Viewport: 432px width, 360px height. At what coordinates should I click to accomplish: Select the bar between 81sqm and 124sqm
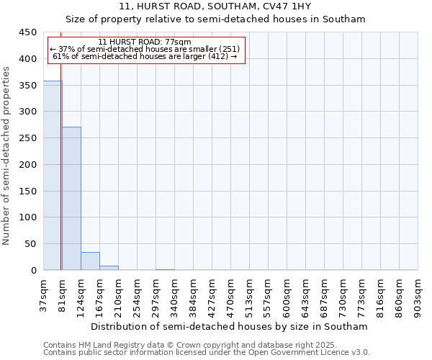tap(71, 198)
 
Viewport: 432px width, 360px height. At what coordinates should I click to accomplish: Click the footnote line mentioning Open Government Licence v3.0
tap(207, 353)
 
